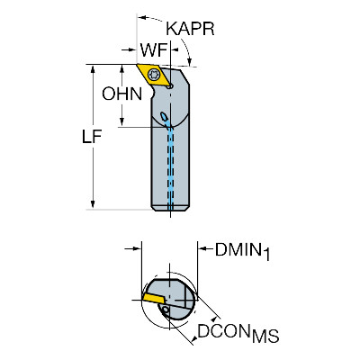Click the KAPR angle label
(x=190, y=29)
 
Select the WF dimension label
(x=154, y=50)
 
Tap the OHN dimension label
(x=121, y=94)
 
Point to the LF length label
(x=92, y=137)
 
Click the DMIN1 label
(x=242, y=251)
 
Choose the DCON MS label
(x=238, y=333)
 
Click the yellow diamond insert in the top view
(x=152, y=75)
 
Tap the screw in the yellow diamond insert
(x=154, y=74)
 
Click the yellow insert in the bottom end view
(x=153, y=298)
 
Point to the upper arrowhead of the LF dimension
(x=93, y=69)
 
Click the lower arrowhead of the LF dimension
(x=93, y=203)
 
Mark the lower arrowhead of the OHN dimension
(x=121, y=121)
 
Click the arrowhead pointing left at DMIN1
(x=202, y=248)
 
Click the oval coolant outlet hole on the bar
(x=164, y=116)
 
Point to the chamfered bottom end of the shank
(x=170, y=208)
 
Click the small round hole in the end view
(x=165, y=310)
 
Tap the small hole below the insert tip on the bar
(x=170, y=86)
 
